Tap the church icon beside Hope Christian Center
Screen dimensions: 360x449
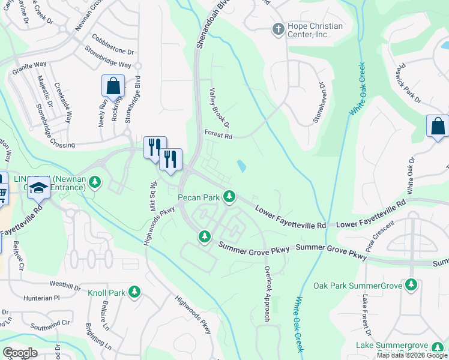click(278, 28)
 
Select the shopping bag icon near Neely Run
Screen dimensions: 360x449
click(113, 87)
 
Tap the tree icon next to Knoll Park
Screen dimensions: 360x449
click(134, 292)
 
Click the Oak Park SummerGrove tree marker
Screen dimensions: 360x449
click(411, 284)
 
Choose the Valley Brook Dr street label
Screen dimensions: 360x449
click(219, 108)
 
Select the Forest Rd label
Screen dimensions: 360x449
click(218, 136)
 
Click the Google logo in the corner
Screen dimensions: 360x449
click(20, 353)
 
